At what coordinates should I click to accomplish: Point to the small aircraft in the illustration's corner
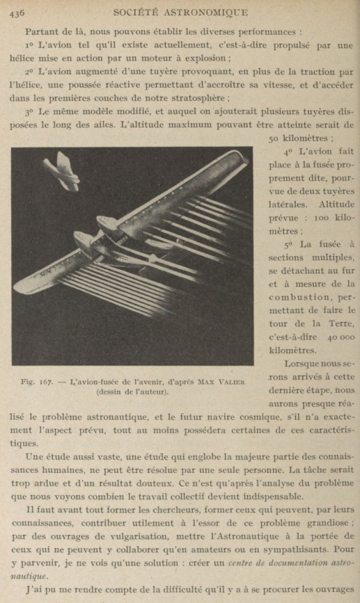point(62,171)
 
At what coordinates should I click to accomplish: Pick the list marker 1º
point(30,45)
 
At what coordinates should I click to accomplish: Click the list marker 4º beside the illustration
point(289,151)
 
